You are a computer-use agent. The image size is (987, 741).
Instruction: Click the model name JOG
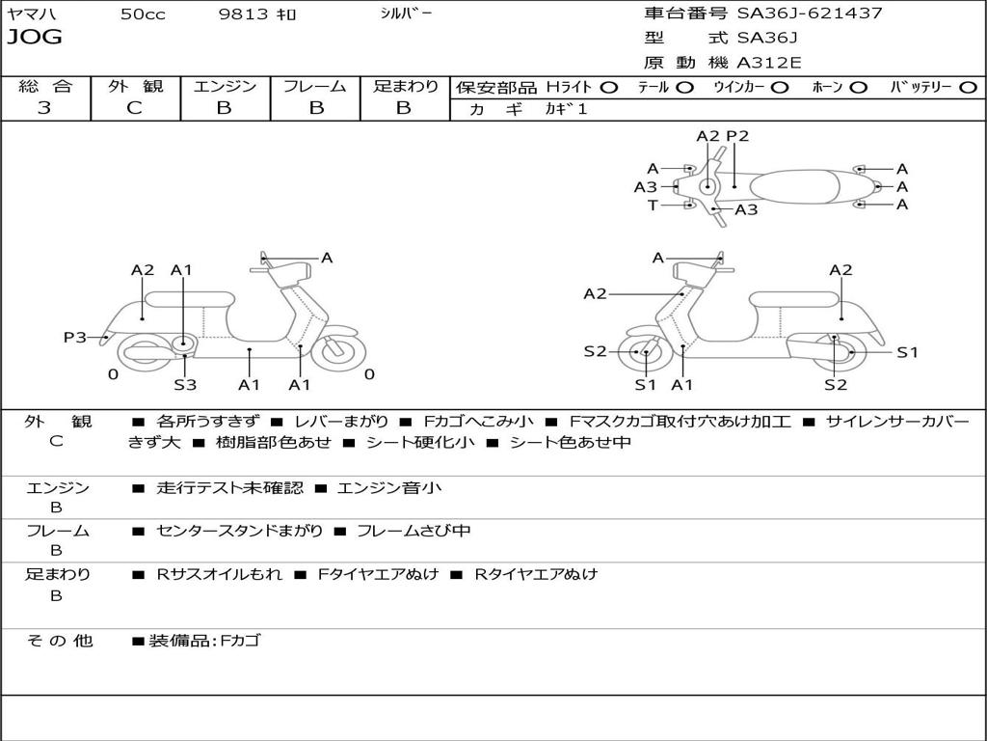[x=35, y=38]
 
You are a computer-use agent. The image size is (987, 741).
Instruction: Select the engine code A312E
[x=767, y=64]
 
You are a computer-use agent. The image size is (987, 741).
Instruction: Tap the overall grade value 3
[x=44, y=108]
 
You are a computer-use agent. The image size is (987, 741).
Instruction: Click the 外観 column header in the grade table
[x=135, y=86]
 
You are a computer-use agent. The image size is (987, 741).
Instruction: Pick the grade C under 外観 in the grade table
[x=134, y=108]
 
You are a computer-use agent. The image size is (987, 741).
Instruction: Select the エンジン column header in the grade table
[x=225, y=86]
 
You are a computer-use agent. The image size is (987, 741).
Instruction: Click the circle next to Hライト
[x=609, y=87]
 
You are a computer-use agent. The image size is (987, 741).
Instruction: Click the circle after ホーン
[x=859, y=87]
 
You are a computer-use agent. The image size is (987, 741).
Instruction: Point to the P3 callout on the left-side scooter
[x=75, y=337]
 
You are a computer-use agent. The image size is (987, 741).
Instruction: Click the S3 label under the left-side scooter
[x=185, y=385]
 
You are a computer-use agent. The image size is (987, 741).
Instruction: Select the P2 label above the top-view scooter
[x=737, y=136]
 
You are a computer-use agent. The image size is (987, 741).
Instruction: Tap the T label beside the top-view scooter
[x=653, y=205]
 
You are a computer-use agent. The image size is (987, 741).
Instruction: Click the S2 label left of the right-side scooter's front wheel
[x=595, y=351]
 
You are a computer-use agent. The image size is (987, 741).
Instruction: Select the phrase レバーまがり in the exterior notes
[x=341, y=422]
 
